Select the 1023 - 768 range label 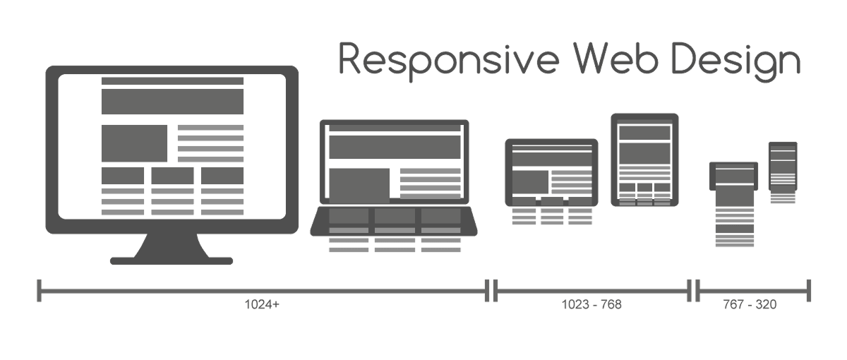(591, 305)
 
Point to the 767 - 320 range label (750, 305)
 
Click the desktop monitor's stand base (172, 260)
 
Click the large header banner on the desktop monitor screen (172, 101)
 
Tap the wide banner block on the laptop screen (394, 148)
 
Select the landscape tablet (551, 172)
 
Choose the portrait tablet (644, 159)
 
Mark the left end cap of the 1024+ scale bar (40, 290)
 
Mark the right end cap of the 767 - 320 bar (808, 290)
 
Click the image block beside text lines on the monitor (134, 143)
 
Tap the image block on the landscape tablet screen (530, 182)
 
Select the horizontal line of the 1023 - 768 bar (591, 290)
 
